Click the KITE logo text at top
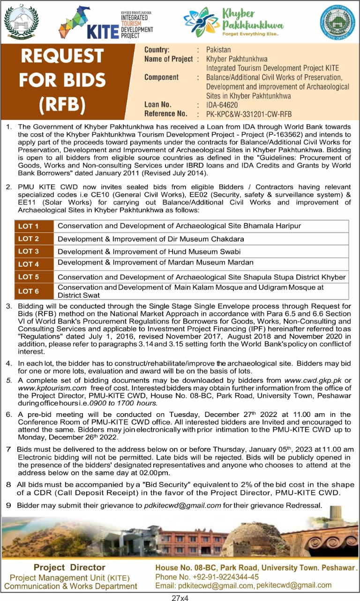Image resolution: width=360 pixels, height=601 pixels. click(x=102, y=31)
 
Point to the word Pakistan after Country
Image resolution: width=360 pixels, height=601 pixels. click(x=218, y=49)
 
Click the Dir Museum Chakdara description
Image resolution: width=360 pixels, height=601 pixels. click(x=150, y=239)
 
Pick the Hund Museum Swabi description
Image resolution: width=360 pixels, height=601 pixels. click(x=149, y=252)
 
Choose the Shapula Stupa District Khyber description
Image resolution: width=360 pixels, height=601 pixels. click(x=202, y=277)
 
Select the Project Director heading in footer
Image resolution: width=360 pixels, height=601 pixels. click(x=69, y=568)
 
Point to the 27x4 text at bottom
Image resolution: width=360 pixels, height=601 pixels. click(x=180, y=595)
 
